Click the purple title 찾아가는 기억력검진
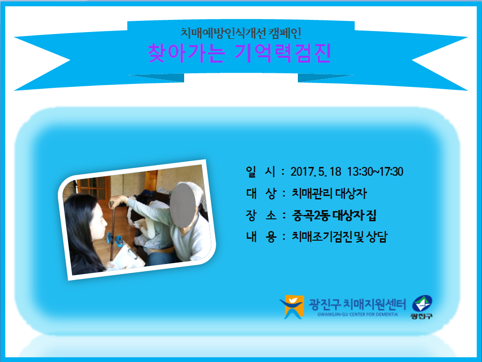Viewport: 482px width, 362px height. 240,53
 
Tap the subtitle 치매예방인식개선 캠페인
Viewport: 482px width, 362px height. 241,33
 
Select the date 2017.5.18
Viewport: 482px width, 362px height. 316,172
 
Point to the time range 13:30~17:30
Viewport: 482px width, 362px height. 375,172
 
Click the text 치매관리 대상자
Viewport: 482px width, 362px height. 329,194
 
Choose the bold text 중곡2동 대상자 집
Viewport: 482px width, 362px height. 334,215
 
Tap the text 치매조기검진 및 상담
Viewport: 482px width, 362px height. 340,237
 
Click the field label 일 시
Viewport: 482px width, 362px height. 260,172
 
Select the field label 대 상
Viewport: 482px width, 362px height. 260,194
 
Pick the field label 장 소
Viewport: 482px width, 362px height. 260,215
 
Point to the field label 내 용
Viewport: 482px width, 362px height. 260,237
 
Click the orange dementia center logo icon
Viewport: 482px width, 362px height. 292,307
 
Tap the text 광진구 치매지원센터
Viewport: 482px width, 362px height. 357,304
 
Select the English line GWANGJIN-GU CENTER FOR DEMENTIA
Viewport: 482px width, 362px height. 358,314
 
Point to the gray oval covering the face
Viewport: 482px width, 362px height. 183,205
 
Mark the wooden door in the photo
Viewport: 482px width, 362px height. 151,181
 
